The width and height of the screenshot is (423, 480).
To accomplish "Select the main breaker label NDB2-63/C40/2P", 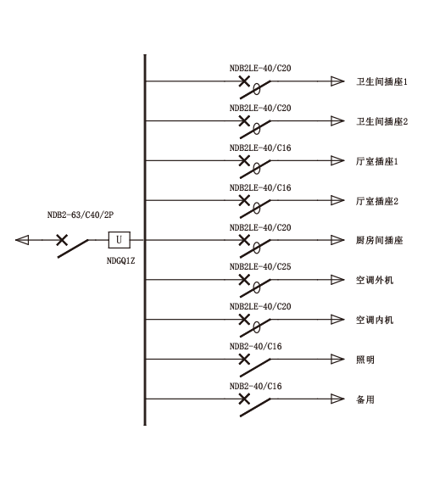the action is (81, 215).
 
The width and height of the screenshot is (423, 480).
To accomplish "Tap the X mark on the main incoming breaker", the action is (62, 240).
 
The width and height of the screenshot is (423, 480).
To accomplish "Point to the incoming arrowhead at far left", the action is (22, 240).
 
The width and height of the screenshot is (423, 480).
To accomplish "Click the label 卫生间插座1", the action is (381, 81).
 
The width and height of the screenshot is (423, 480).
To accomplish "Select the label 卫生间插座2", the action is (382, 121).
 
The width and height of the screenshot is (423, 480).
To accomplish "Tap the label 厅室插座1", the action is (376, 161).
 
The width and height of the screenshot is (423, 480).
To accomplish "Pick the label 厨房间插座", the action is (379, 240).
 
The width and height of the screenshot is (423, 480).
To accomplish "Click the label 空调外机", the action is (375, 280).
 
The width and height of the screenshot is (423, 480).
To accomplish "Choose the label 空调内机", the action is (375, 320).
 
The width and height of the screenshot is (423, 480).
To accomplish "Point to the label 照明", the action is (365, 360).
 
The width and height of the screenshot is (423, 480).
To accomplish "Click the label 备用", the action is (365, 399).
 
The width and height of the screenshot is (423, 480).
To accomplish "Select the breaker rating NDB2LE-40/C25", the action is (260, 266).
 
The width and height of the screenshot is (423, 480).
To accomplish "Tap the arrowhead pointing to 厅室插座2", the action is (337, 200).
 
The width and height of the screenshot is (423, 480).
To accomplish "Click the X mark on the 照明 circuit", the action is (244, 359).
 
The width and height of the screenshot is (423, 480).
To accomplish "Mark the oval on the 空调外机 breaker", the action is (257, 287).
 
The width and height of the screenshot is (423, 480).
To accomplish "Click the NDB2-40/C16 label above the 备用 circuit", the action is (255, 386).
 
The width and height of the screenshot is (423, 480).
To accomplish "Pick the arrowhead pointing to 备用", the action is (337, 399).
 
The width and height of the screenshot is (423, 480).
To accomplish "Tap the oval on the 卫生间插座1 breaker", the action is (257, 89).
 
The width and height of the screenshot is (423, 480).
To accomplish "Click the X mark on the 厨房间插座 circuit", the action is (244, 240).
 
